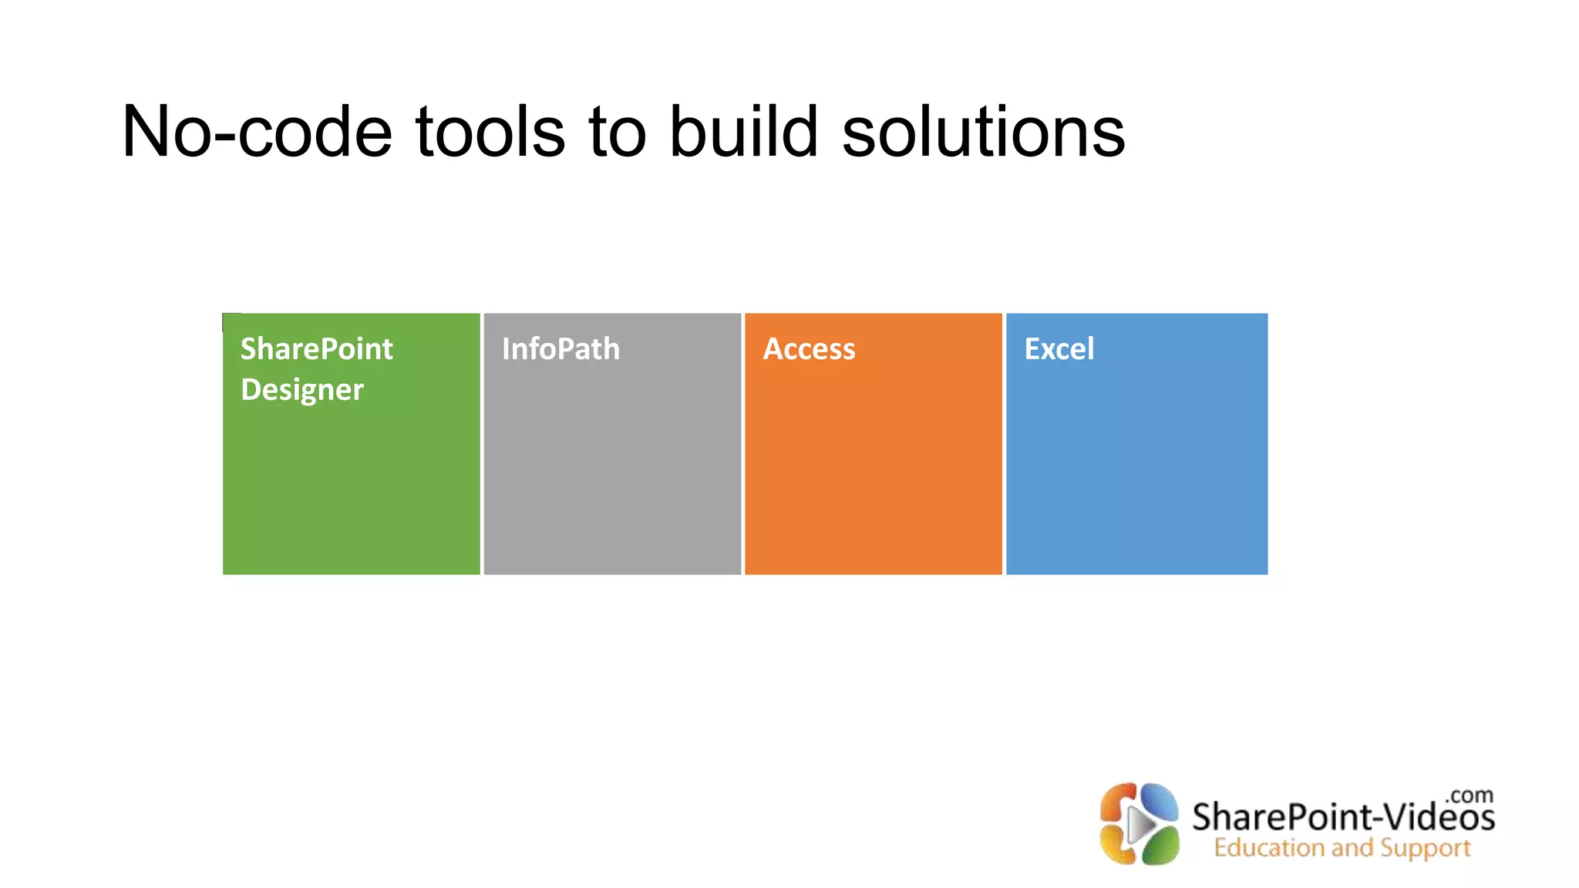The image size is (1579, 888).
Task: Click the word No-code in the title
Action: click(257, 133)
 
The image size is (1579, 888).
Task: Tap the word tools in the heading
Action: click(491, 133)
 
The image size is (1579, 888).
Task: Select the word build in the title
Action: click(742, 133)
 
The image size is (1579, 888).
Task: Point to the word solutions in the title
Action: click(983, 133)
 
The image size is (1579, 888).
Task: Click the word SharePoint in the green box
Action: click(316, 349)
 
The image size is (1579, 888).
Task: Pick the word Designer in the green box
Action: click(301, 390)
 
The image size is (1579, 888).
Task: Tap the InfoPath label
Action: click(561, 349)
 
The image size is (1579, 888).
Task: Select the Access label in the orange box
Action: click(809, 349)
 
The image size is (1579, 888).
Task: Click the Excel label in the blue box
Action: click(1059, 349)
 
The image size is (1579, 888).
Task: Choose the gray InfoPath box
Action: click(612, 470)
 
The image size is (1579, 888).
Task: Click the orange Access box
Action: click(873, 470)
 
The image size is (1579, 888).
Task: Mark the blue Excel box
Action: click(1136, 470)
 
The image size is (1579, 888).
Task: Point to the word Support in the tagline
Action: click(1425, 848)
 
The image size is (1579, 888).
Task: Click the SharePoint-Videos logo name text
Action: click(1342, 817)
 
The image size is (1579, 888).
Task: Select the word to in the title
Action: click(617, 133)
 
